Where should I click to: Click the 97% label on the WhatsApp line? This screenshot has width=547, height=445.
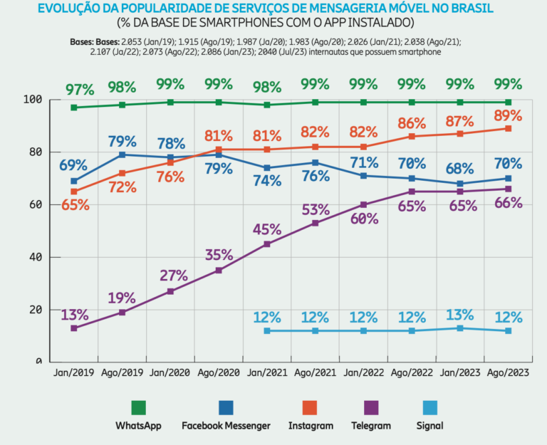click(x=80, y=90)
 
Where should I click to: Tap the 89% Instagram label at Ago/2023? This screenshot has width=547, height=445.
click(x=509, y=116)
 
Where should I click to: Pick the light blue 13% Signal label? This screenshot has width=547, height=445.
click(x=459, y=315)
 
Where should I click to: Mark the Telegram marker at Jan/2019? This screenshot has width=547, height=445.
click(x=74, y=328)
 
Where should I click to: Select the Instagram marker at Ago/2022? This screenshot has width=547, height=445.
click(x=412, y=136)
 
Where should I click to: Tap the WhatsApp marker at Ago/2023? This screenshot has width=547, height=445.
click(x=509, y=102)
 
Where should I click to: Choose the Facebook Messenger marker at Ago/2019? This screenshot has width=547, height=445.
click(x=123, y=155)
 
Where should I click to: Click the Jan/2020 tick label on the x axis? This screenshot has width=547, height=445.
click(x=170, y=372)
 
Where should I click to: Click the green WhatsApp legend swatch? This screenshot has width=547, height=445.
click(x=138, y=407)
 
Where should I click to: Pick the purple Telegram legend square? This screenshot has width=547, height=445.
click(x=371, y=407)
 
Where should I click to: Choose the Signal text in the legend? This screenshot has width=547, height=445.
click(x=429, y=426)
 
